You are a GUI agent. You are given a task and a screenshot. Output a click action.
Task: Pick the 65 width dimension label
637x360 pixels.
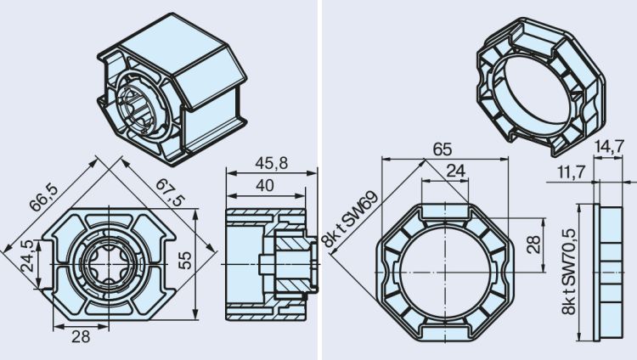pyautogui.click(x=442, y=149)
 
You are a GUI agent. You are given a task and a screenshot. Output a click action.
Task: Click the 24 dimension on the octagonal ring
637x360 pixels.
pyautogui.click(x=456, y=171)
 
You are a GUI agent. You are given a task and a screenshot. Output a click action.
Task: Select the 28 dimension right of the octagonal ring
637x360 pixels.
pyautogui.click(x=533, y=245)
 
